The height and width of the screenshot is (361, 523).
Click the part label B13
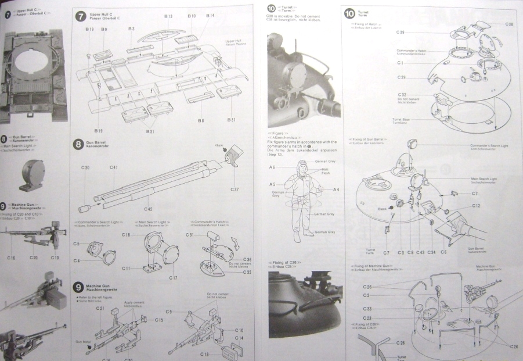click(x=168, y=17)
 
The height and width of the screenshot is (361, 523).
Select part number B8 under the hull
click(x=201, y=120)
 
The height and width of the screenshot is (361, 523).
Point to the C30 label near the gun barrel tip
click(x=85, y=167)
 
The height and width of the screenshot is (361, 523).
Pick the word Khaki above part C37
click(x=219, y=145)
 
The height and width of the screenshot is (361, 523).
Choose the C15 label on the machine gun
click(x=159, y=320)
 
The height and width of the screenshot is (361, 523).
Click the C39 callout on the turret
click(x=401, y=32)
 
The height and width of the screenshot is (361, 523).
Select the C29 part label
click(x=401, y=77)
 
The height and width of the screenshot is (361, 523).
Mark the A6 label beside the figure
click(x=272, y=167)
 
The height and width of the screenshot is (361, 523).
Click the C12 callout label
click(x=476, y=206)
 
